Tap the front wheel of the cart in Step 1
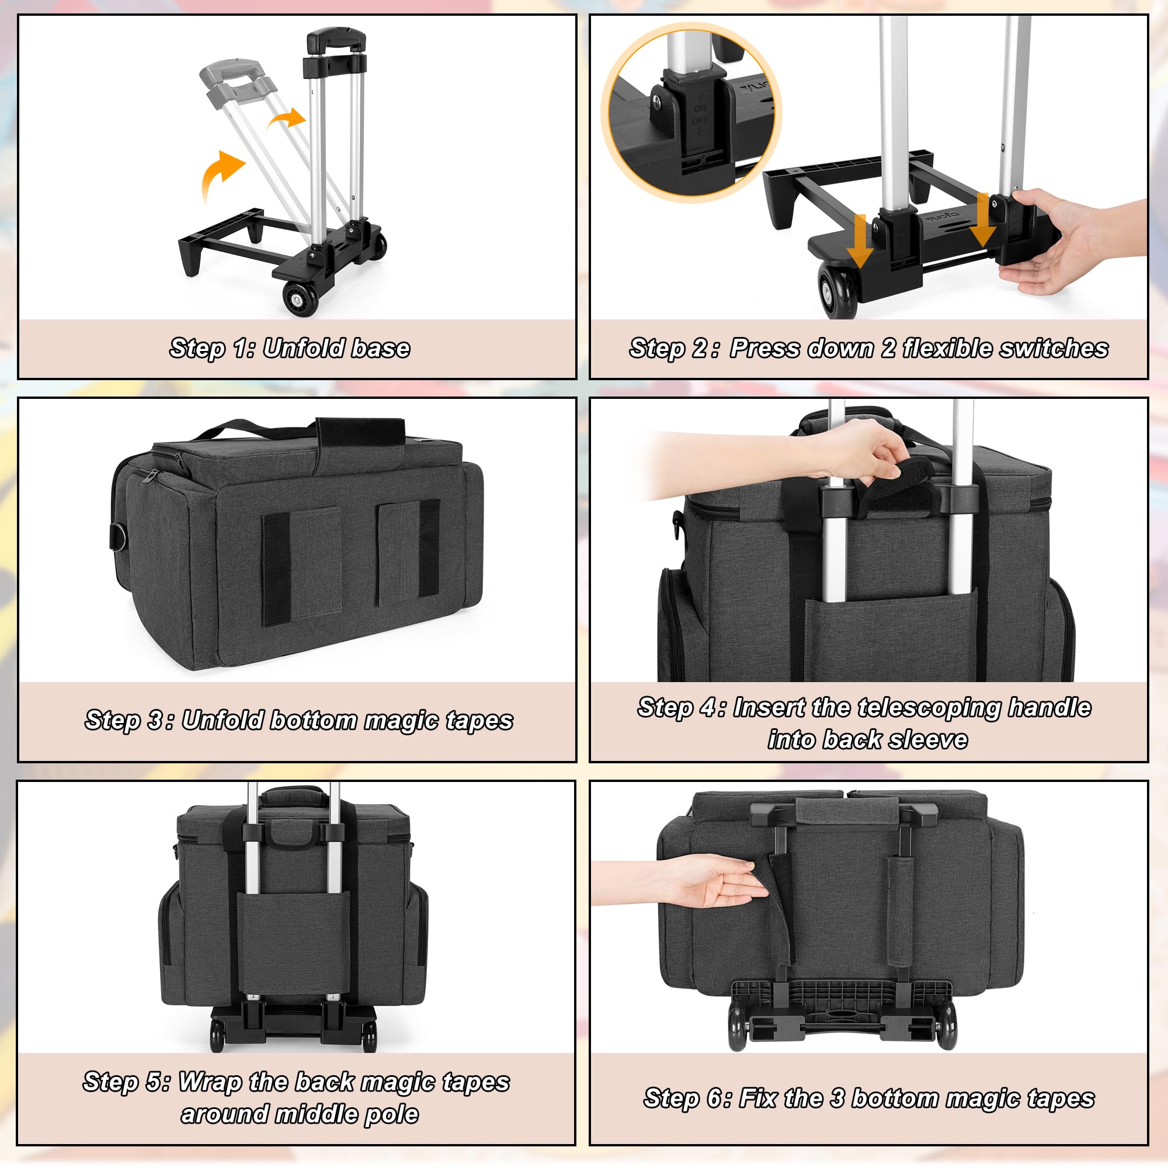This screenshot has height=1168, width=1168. pyautogui.click(x=300, y=297)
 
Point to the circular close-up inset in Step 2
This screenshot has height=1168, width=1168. pyautogui.click(x=691, y=113)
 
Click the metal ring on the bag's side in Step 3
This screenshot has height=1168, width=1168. pyautogui.click(x=117, y=536)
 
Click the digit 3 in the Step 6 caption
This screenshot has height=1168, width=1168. pyautogui.click(x=837, y=1098)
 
